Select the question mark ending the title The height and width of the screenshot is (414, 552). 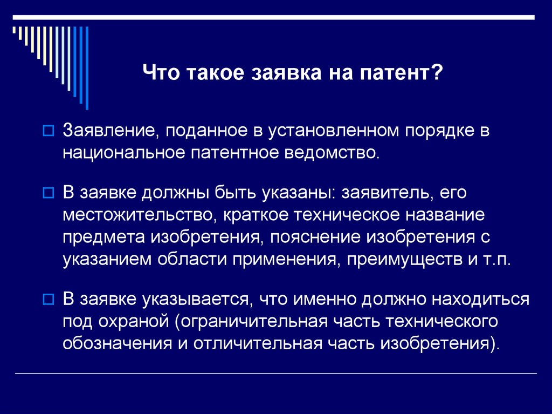click(x=437, y=72)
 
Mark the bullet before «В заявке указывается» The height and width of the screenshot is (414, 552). click(x=47, y=298)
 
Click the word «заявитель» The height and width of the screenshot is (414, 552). click(x=387, y=192)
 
